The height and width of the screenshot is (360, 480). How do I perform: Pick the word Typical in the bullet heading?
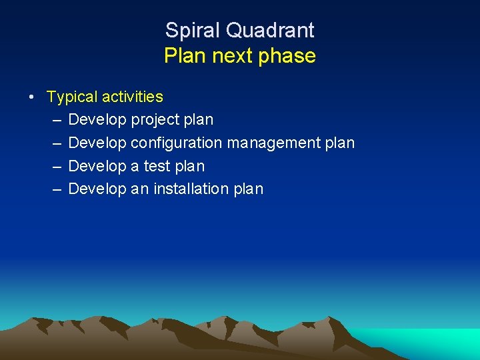point(71,97)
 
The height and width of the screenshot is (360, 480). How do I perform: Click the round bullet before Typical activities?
point(32,97)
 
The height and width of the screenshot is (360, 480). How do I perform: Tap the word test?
point(157,166)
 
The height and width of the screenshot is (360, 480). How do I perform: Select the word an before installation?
point(140,189)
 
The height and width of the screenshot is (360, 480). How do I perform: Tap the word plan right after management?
point(340,143)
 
